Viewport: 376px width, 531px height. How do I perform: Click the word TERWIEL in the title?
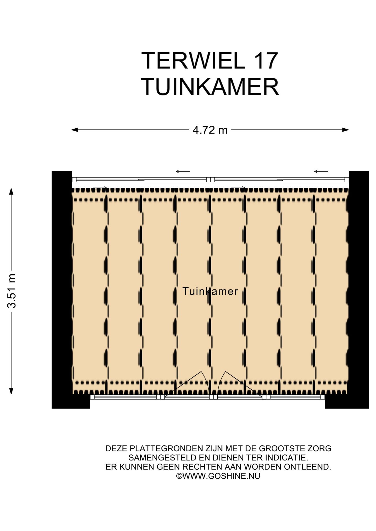coord(193,61)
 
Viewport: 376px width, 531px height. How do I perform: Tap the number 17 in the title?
coord(265,61)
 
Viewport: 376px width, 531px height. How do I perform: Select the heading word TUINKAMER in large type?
coord(210,87)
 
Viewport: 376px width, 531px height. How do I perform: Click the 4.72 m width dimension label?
coord(210,130)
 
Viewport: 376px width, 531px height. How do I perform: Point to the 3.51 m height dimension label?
coord(12,291)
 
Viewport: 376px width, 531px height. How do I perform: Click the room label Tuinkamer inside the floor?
coord(210,291)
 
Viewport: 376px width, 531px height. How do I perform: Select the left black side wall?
coord(62,290)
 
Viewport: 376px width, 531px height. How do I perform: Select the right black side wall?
coord(359,290)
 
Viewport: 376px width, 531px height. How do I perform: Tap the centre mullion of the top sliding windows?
coord(210,180)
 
